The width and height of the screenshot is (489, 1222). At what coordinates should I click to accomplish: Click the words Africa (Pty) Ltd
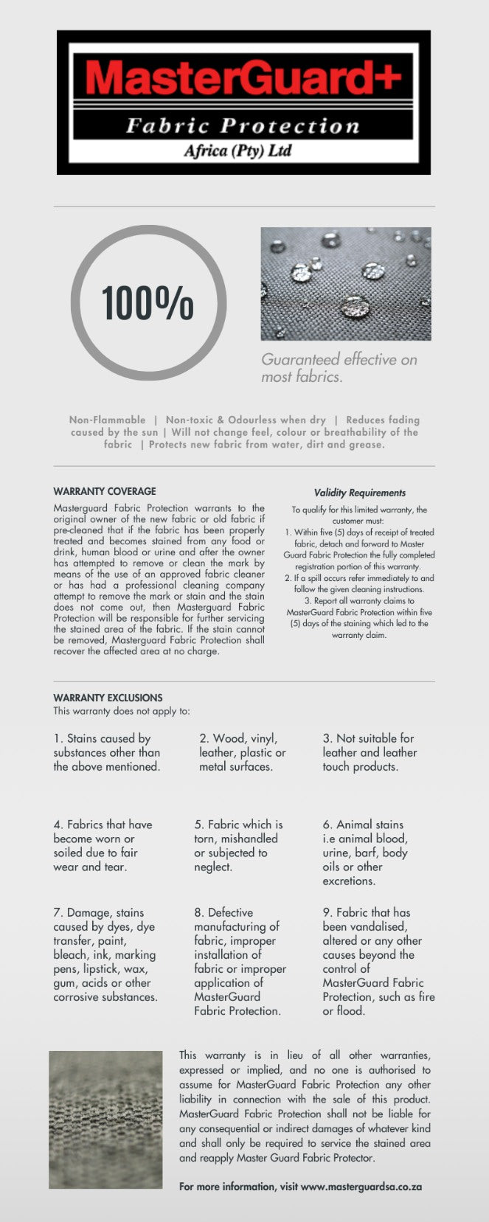[x=237, y=151]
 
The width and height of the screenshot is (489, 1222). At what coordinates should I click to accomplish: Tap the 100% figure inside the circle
[x=148, y=302]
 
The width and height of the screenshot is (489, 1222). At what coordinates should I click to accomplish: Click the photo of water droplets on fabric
[x=346, y=284]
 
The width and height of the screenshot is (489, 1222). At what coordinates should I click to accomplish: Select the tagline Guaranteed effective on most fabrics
[x=339, y=368]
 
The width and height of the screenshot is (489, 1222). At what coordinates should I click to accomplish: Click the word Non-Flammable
[x=107, y=420]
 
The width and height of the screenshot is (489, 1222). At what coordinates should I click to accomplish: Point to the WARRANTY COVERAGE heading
[x=105, y=491]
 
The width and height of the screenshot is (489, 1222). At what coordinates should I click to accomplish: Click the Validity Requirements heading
[x=359, y=493]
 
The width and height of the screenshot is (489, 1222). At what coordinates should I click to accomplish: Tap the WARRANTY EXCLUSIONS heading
[x=108, y=698]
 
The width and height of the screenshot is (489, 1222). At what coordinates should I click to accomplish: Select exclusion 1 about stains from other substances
[x=106, y=752]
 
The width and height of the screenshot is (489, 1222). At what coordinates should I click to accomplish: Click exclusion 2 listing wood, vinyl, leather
[x=242, y=752]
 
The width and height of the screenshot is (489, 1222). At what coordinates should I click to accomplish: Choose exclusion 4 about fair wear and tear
[x=103, y=845]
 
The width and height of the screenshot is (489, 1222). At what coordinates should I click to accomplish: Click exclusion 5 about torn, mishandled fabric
[x=238, y=845]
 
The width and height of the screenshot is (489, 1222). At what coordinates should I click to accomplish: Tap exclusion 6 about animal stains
[x=365, y=853]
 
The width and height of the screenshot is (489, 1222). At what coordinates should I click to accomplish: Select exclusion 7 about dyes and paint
[x=105, y=954]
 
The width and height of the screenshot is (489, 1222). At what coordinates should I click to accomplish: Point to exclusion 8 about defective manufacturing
[x=240, y=962]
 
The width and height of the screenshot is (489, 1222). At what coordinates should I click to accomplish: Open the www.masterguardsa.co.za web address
[x=361, y=1187]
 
